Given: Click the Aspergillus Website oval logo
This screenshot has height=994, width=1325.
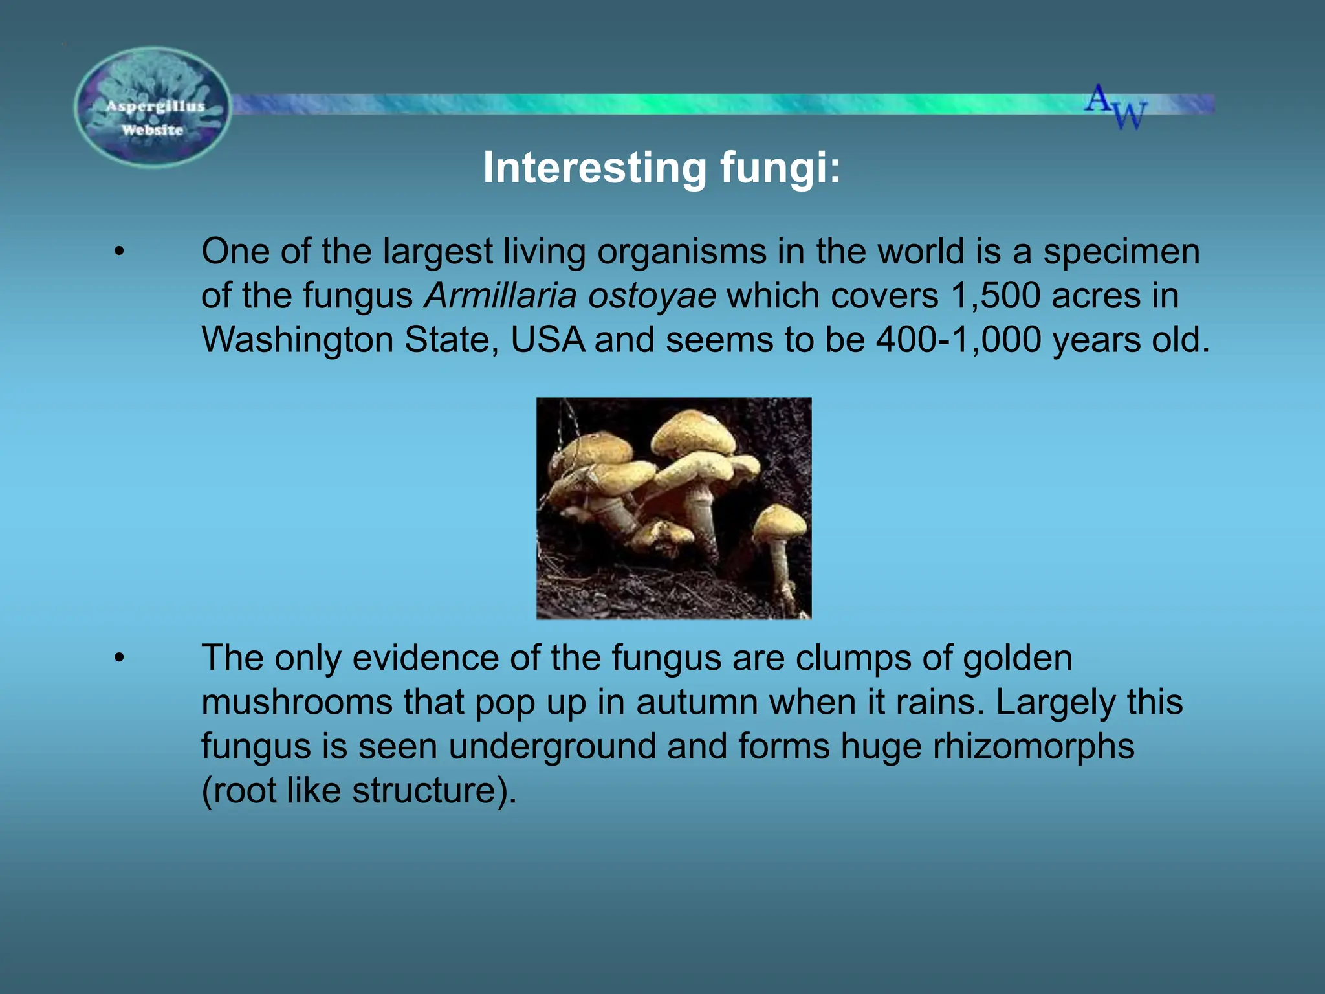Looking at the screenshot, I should pyautogui.click(x=153, y=107).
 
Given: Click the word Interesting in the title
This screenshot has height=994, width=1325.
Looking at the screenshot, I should pyautogui.click(x=595, y=168).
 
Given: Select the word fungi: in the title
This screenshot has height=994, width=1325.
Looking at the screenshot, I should pyautogui.click(x=780, y=168).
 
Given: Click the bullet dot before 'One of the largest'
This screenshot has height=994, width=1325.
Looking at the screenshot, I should pyautogui.click(x=118, y=252).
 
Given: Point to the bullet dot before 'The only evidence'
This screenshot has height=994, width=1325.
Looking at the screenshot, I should pyautogui.click(x=118, y=659).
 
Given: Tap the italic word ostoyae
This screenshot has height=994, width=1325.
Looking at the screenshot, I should pyautogui.click(x=652, y=296).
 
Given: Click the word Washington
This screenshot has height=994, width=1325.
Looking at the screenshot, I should pyautogui.click(x=298, y=340).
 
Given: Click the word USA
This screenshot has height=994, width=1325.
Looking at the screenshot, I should pyautogui.click(x=547, y=340).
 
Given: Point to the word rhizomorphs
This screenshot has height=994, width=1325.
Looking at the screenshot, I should pyautogui.click(x=1033, y=746).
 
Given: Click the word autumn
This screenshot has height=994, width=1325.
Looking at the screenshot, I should pyautogui.click(x=696, y=702).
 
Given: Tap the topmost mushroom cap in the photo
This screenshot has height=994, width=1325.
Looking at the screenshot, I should pyautogui.click(x=692, y=430).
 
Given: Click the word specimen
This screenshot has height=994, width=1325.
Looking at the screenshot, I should pyautogui.click(x=1121, y=252).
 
